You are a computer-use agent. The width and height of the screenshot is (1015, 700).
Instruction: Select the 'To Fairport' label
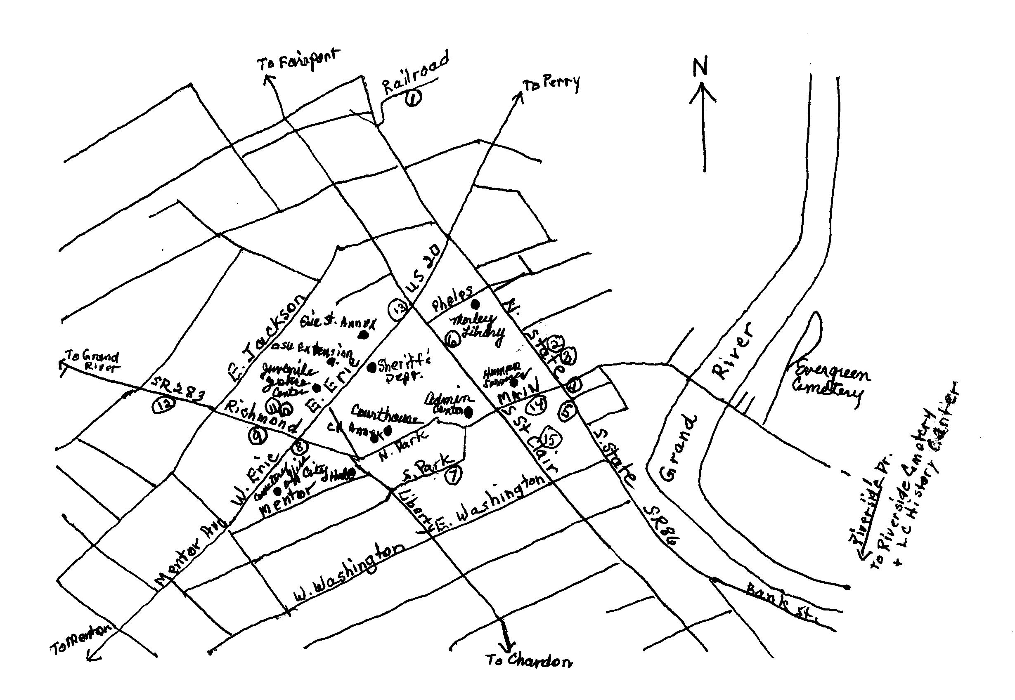pyautogui.click(x=298, y=61)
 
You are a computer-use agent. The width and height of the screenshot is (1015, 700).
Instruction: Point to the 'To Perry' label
pyautogui.click(x=550, y=83)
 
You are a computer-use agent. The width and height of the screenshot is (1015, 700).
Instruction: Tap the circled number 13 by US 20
pyautogui.click(x=397, y=310)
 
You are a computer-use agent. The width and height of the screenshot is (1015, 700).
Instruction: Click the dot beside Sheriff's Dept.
pyautogui.click(x=371, y=365)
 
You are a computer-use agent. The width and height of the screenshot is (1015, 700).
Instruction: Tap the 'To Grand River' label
pyautogui.click(x=92, y=361)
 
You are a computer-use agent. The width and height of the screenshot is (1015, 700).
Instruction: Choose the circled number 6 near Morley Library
pyautogui.click(x=452, y=339)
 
